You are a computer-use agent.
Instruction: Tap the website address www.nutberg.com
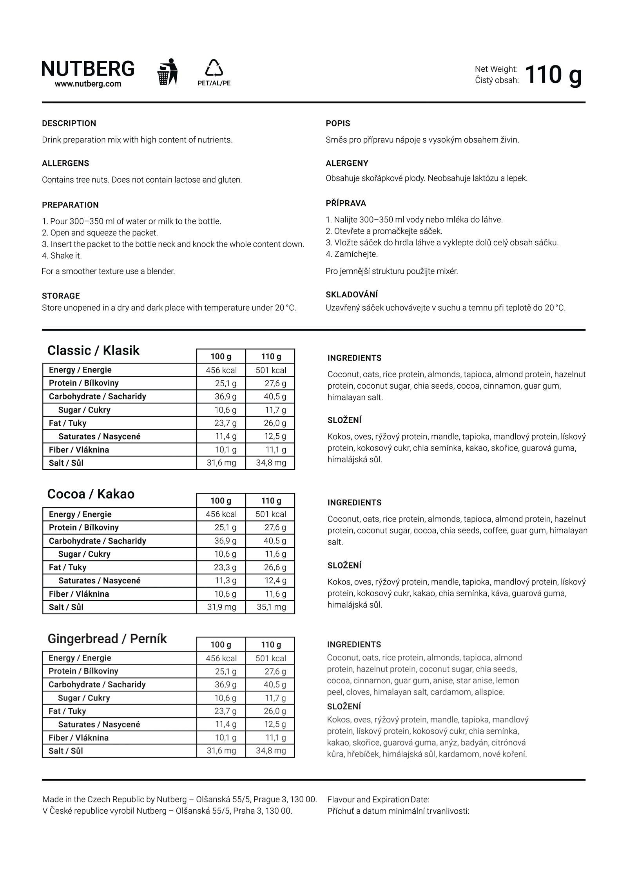(x=88, y=84)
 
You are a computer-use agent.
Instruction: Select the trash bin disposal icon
(x=167, y=72)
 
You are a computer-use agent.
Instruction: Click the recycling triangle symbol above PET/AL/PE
(x=214, y=68)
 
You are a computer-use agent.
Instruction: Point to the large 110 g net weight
(x=553, y=74)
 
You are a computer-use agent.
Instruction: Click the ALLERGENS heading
(x=65, y=163)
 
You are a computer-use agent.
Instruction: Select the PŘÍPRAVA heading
(x=346, y=203)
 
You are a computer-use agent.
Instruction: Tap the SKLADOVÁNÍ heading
(x=352, y=295)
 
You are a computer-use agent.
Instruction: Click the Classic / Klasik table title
(x=93, y=350)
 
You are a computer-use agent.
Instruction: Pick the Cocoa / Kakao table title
(x=91, y=494)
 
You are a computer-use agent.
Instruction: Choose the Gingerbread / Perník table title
(x=107, y=639)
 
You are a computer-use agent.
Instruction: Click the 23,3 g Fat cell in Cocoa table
(x=225, y=567)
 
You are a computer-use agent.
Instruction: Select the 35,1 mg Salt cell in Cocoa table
(x=271, y=607)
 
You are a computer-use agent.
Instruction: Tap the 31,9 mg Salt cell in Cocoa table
(x=221, y=607)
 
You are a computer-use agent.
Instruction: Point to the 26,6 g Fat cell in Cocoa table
(x=275, y=567)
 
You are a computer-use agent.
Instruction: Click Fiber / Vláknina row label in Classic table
(x=79, y=450)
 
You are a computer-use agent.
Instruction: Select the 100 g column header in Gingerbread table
(x=221, y=644)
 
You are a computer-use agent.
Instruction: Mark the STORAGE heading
(x=61, y=296)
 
